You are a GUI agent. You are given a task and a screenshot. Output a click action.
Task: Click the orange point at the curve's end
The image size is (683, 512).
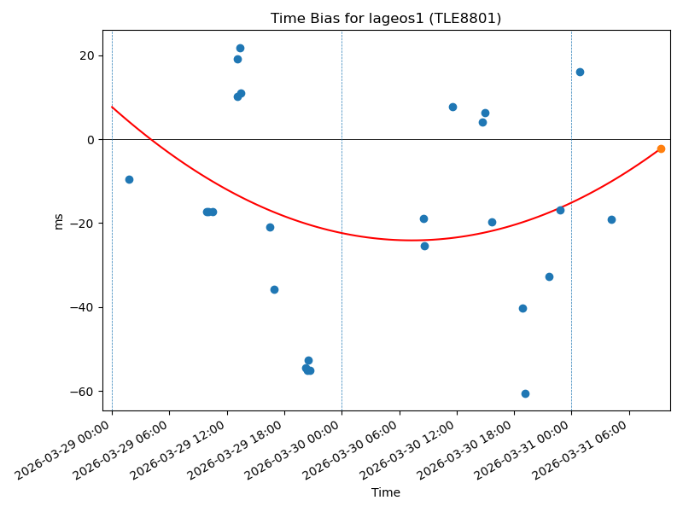click(661, 148)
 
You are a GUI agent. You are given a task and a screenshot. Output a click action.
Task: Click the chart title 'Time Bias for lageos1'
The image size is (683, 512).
click(386, 18)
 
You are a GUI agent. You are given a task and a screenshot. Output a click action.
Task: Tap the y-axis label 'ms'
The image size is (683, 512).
click(58, 221)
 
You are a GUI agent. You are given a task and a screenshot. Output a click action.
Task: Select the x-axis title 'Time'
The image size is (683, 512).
click(386, 492)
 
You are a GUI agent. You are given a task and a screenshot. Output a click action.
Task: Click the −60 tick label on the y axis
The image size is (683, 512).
click(86, 392)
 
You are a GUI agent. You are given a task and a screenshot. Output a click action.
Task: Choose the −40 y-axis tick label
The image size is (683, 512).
click(86, 307)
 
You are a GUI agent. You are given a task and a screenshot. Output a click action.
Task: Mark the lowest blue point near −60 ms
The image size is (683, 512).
click(525, 393)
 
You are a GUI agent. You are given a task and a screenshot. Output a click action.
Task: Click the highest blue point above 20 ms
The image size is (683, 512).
click(240, 48)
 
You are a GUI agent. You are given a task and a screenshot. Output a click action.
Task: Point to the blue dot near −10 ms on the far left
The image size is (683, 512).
click(129, 179)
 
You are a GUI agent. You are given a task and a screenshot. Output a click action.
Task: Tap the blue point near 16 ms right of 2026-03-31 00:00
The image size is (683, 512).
click(580, 72)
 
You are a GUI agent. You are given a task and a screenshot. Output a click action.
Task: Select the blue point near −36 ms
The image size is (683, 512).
click(274, 289)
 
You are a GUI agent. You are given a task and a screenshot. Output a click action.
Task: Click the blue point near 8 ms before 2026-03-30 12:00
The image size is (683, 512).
click(452, 107)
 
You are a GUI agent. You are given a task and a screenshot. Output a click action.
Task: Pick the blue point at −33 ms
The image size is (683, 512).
click(549, 276)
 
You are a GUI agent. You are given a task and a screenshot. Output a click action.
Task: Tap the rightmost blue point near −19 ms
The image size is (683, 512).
click(611, 219)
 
